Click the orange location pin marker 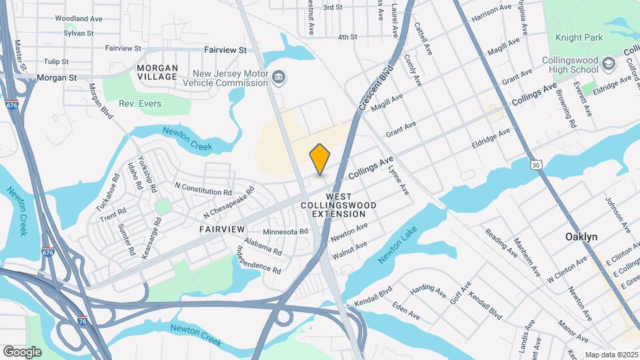tap(320, 159)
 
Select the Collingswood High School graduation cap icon tap(608, 64)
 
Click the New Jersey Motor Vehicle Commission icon tap(279, 77)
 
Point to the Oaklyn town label tap(581, 237)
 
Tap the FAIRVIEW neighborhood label tap(222, 229)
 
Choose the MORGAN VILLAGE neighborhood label tap(157, 72)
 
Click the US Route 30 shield tap(536, 164)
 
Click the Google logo tap(23, 351)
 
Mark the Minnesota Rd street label tap(285, 232)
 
